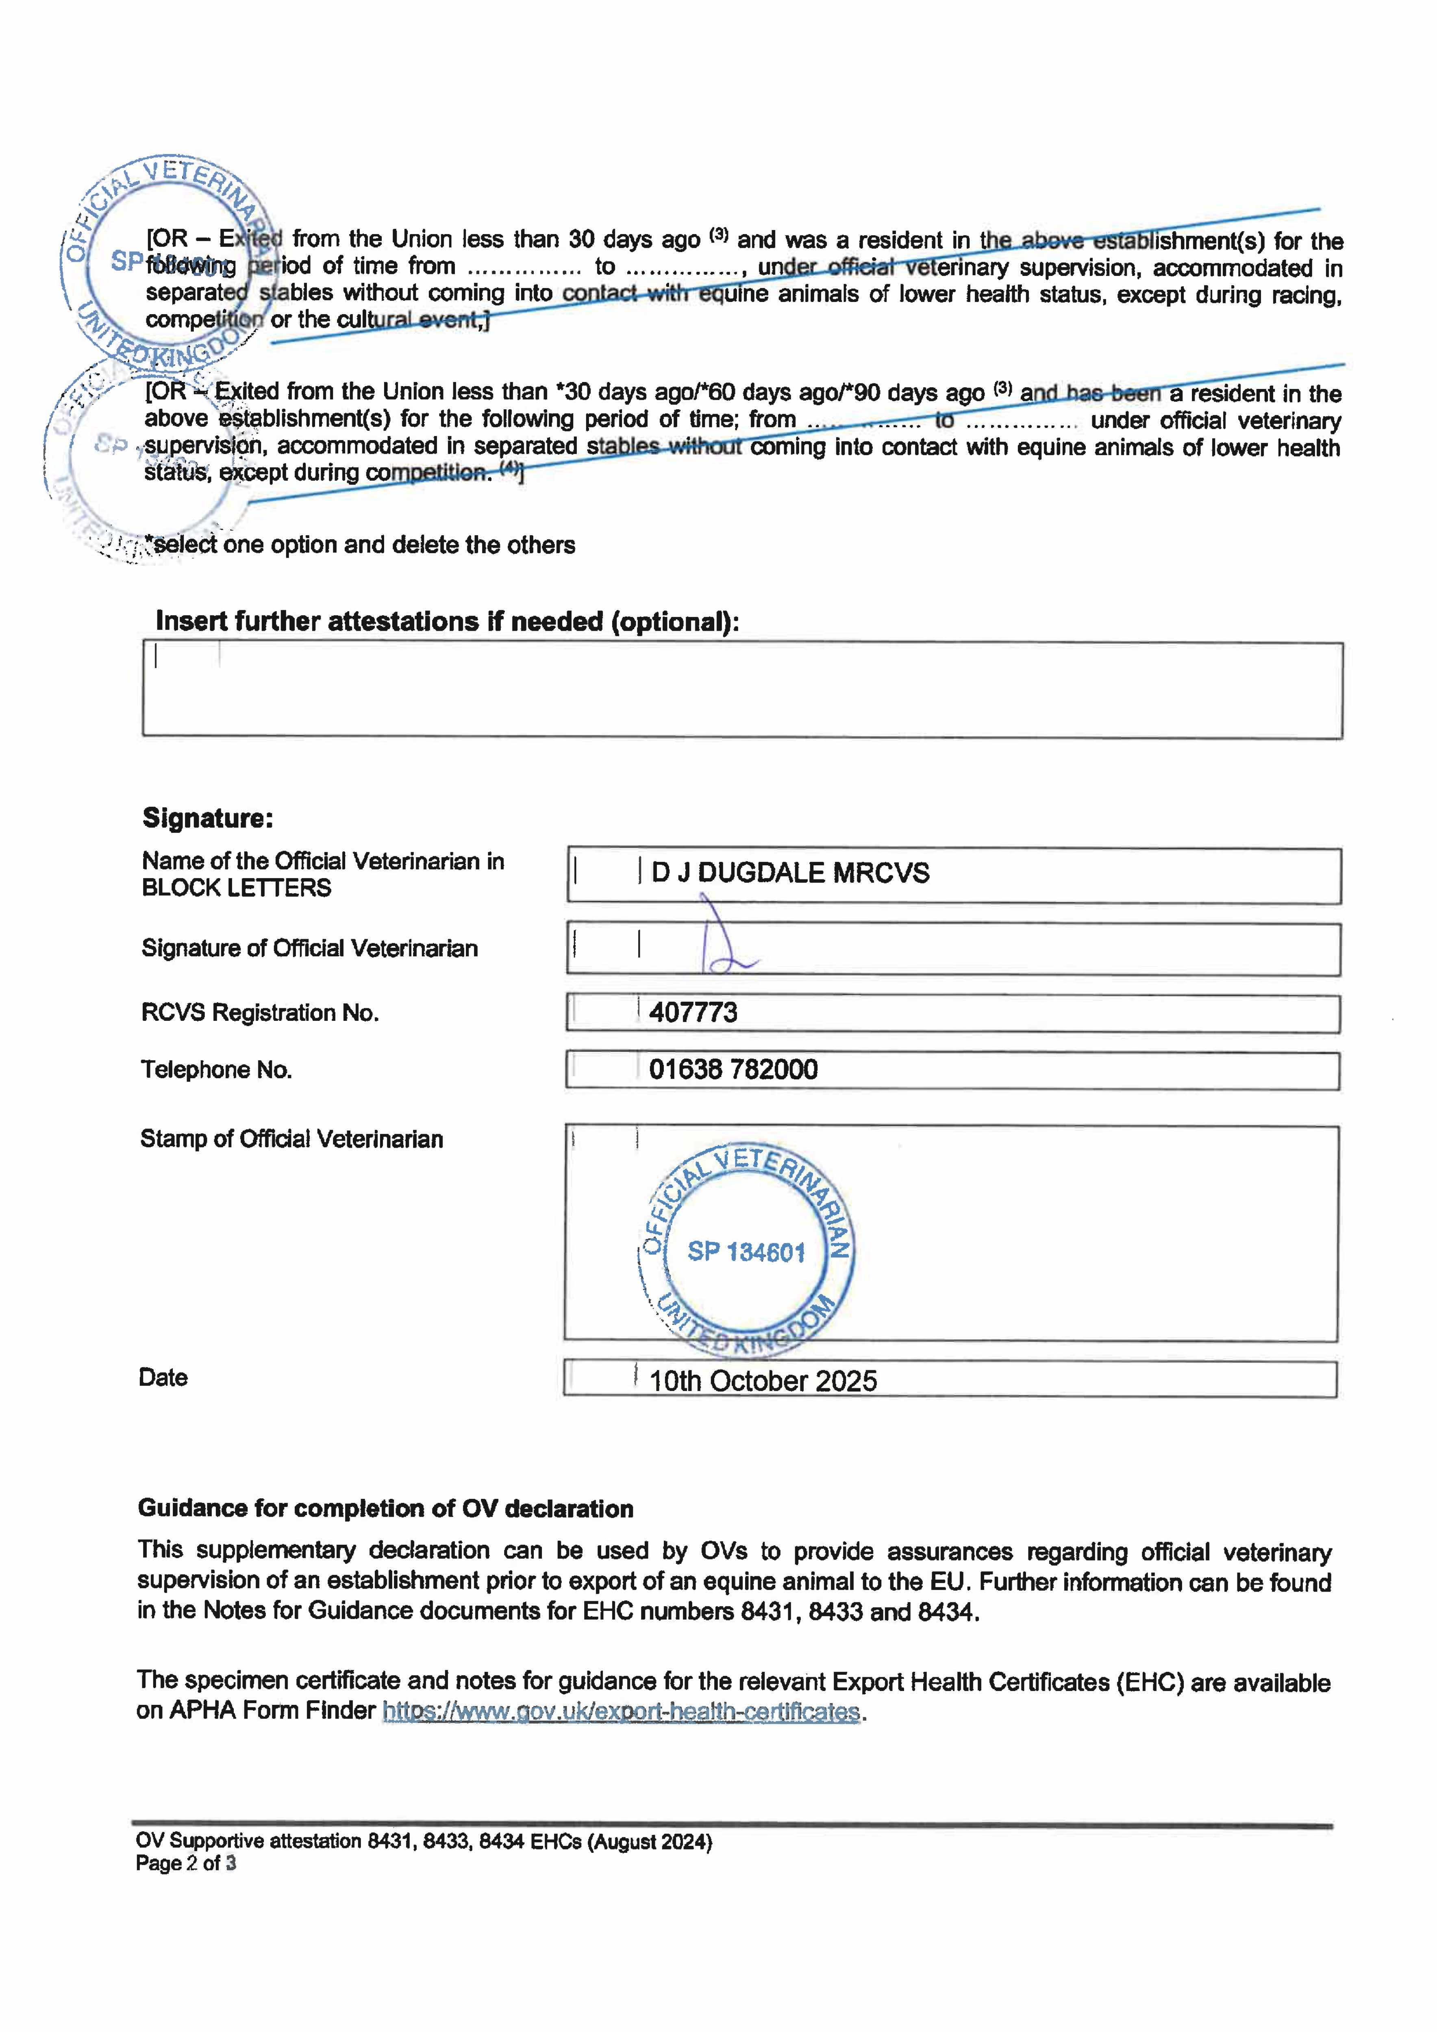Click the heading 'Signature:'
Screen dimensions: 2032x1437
[208, 818]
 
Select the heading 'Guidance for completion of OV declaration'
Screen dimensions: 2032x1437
[385, 1508]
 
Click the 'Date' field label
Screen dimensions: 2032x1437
[163, 1377]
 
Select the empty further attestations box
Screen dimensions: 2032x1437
[742, 690]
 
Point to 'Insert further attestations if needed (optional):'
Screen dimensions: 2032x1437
[447, 621]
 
